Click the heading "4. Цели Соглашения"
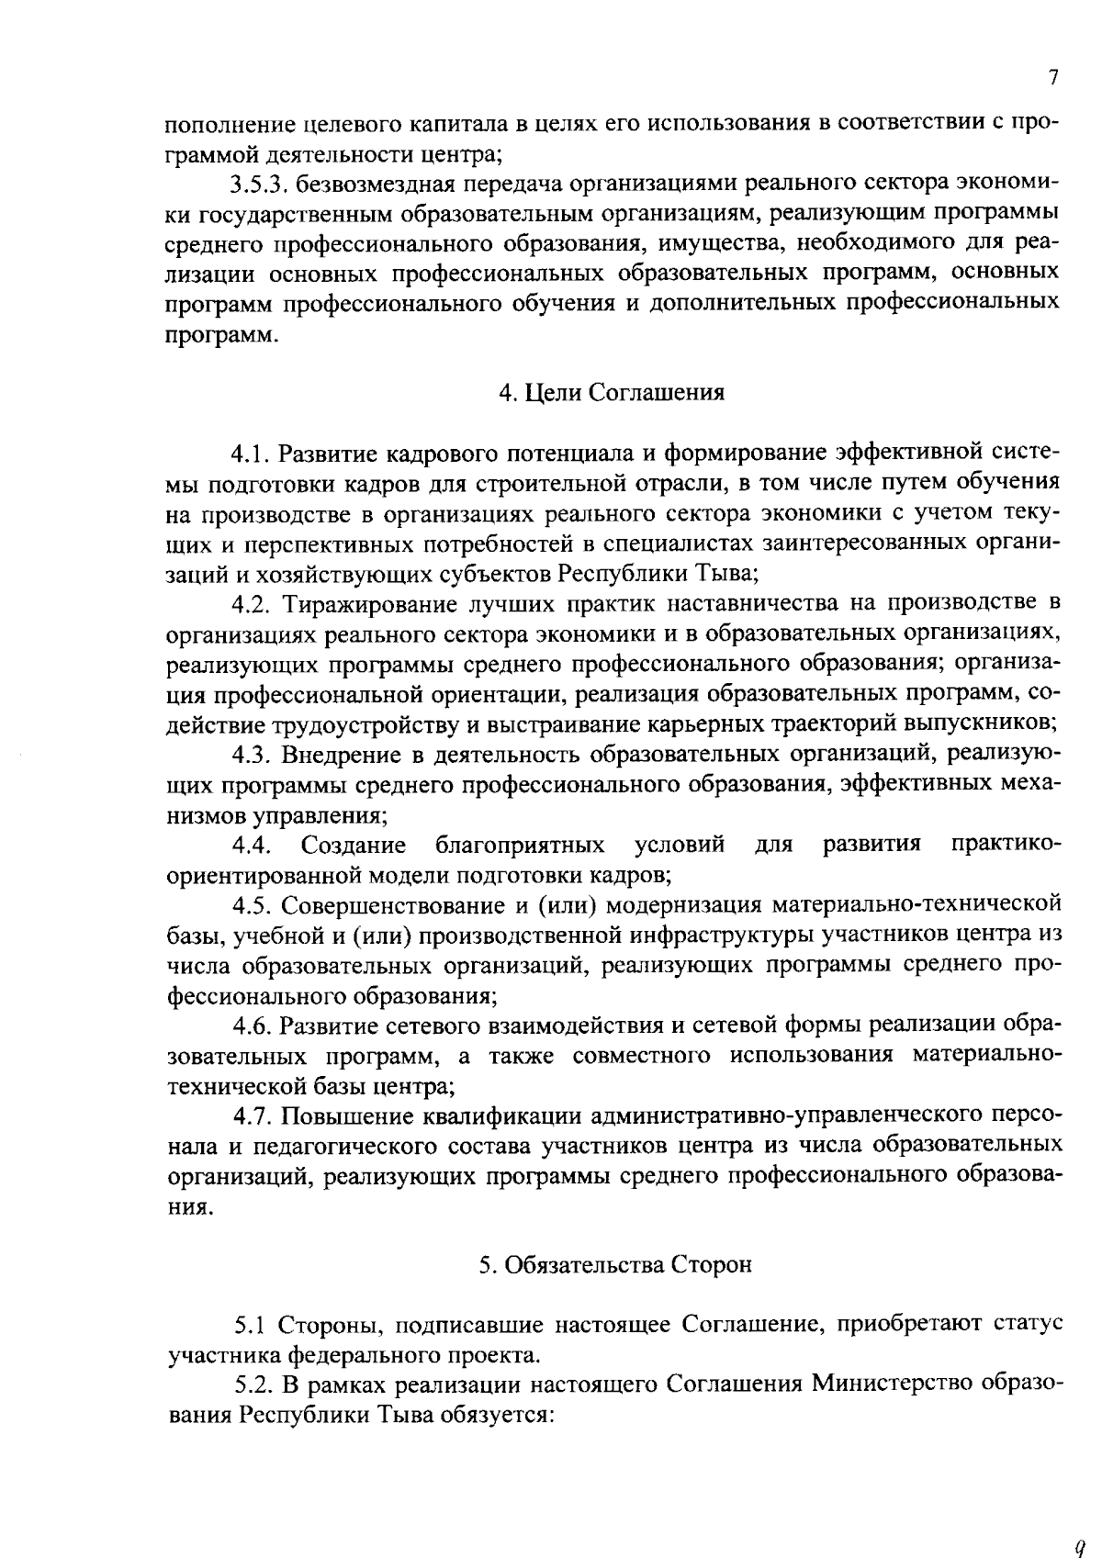click(612, 393)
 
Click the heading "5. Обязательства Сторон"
click(614, 1264)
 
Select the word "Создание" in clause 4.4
click(354, 845)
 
